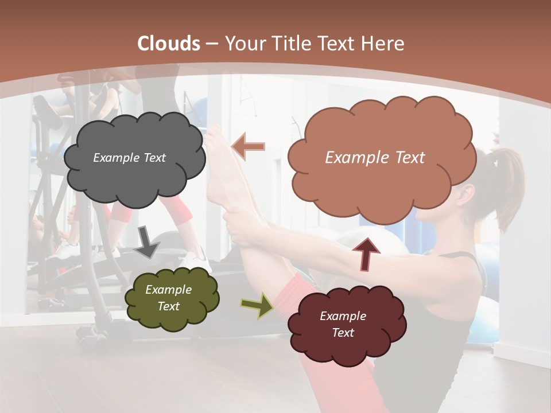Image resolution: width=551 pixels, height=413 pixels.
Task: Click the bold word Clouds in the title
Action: (169, 44)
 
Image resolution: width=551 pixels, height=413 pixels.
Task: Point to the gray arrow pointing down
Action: (148, 241)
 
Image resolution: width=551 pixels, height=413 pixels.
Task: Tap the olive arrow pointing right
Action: (257, 305)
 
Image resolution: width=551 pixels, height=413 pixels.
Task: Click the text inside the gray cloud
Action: (129, 158)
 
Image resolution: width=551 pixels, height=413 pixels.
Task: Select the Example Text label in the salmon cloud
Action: (375, 158)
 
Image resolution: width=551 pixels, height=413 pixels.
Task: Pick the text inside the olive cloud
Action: (168, 298)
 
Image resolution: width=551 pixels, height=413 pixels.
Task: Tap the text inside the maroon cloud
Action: (343, 324)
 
